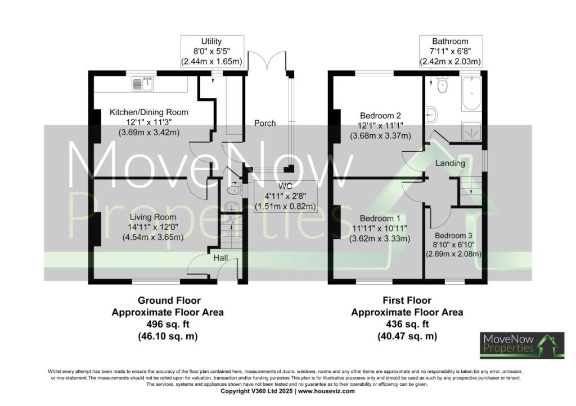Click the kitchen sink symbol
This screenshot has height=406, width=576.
pyautogui.click(x=142, y=84)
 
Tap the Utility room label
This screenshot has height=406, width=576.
pyautogui.click(x=211, y=42)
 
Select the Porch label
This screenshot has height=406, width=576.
pyautogui.click(x=264, y=123)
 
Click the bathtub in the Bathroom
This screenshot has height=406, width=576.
pyautogui.click(x=471, y=94)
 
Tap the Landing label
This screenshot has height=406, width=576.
pyautogui.click(x=450, y=163)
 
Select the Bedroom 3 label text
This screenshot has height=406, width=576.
pyautogui.click(x=452, y=236)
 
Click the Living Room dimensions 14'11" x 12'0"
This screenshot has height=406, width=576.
pyautogui.click(x=153, y=227)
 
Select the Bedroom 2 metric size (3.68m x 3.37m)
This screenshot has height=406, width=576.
pyautogui.click(x=380, y=136)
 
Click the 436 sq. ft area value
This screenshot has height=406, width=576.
pyautogui.click(x=407, y=324)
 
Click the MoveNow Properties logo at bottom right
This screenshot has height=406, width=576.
pyautogui.click(x=515, y=345)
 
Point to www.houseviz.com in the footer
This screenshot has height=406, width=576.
pyautogui.click(x=326, y=391)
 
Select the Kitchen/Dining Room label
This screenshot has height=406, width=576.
pyautogui.click(x=148, y=112)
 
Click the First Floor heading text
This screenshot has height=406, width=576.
pyautogui.click(x=407, y=301)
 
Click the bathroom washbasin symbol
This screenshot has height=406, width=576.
pyautogui.click(x=432, y=115)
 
